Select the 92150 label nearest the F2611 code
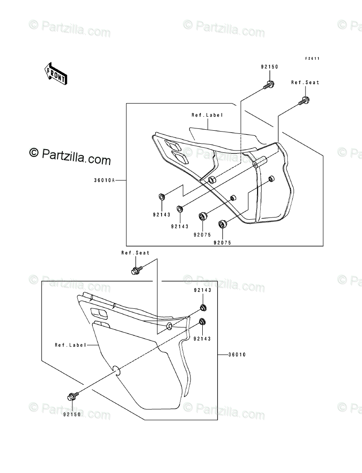click(269, 67)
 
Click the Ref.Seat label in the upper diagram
click(305, 83)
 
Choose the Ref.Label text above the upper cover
click(207, 115)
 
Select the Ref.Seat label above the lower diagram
click(135, 253)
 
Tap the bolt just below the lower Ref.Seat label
click(135, 270)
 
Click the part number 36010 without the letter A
click(237, 355)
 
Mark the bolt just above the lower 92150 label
click(71, 397)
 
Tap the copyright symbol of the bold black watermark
click(33, 152)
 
